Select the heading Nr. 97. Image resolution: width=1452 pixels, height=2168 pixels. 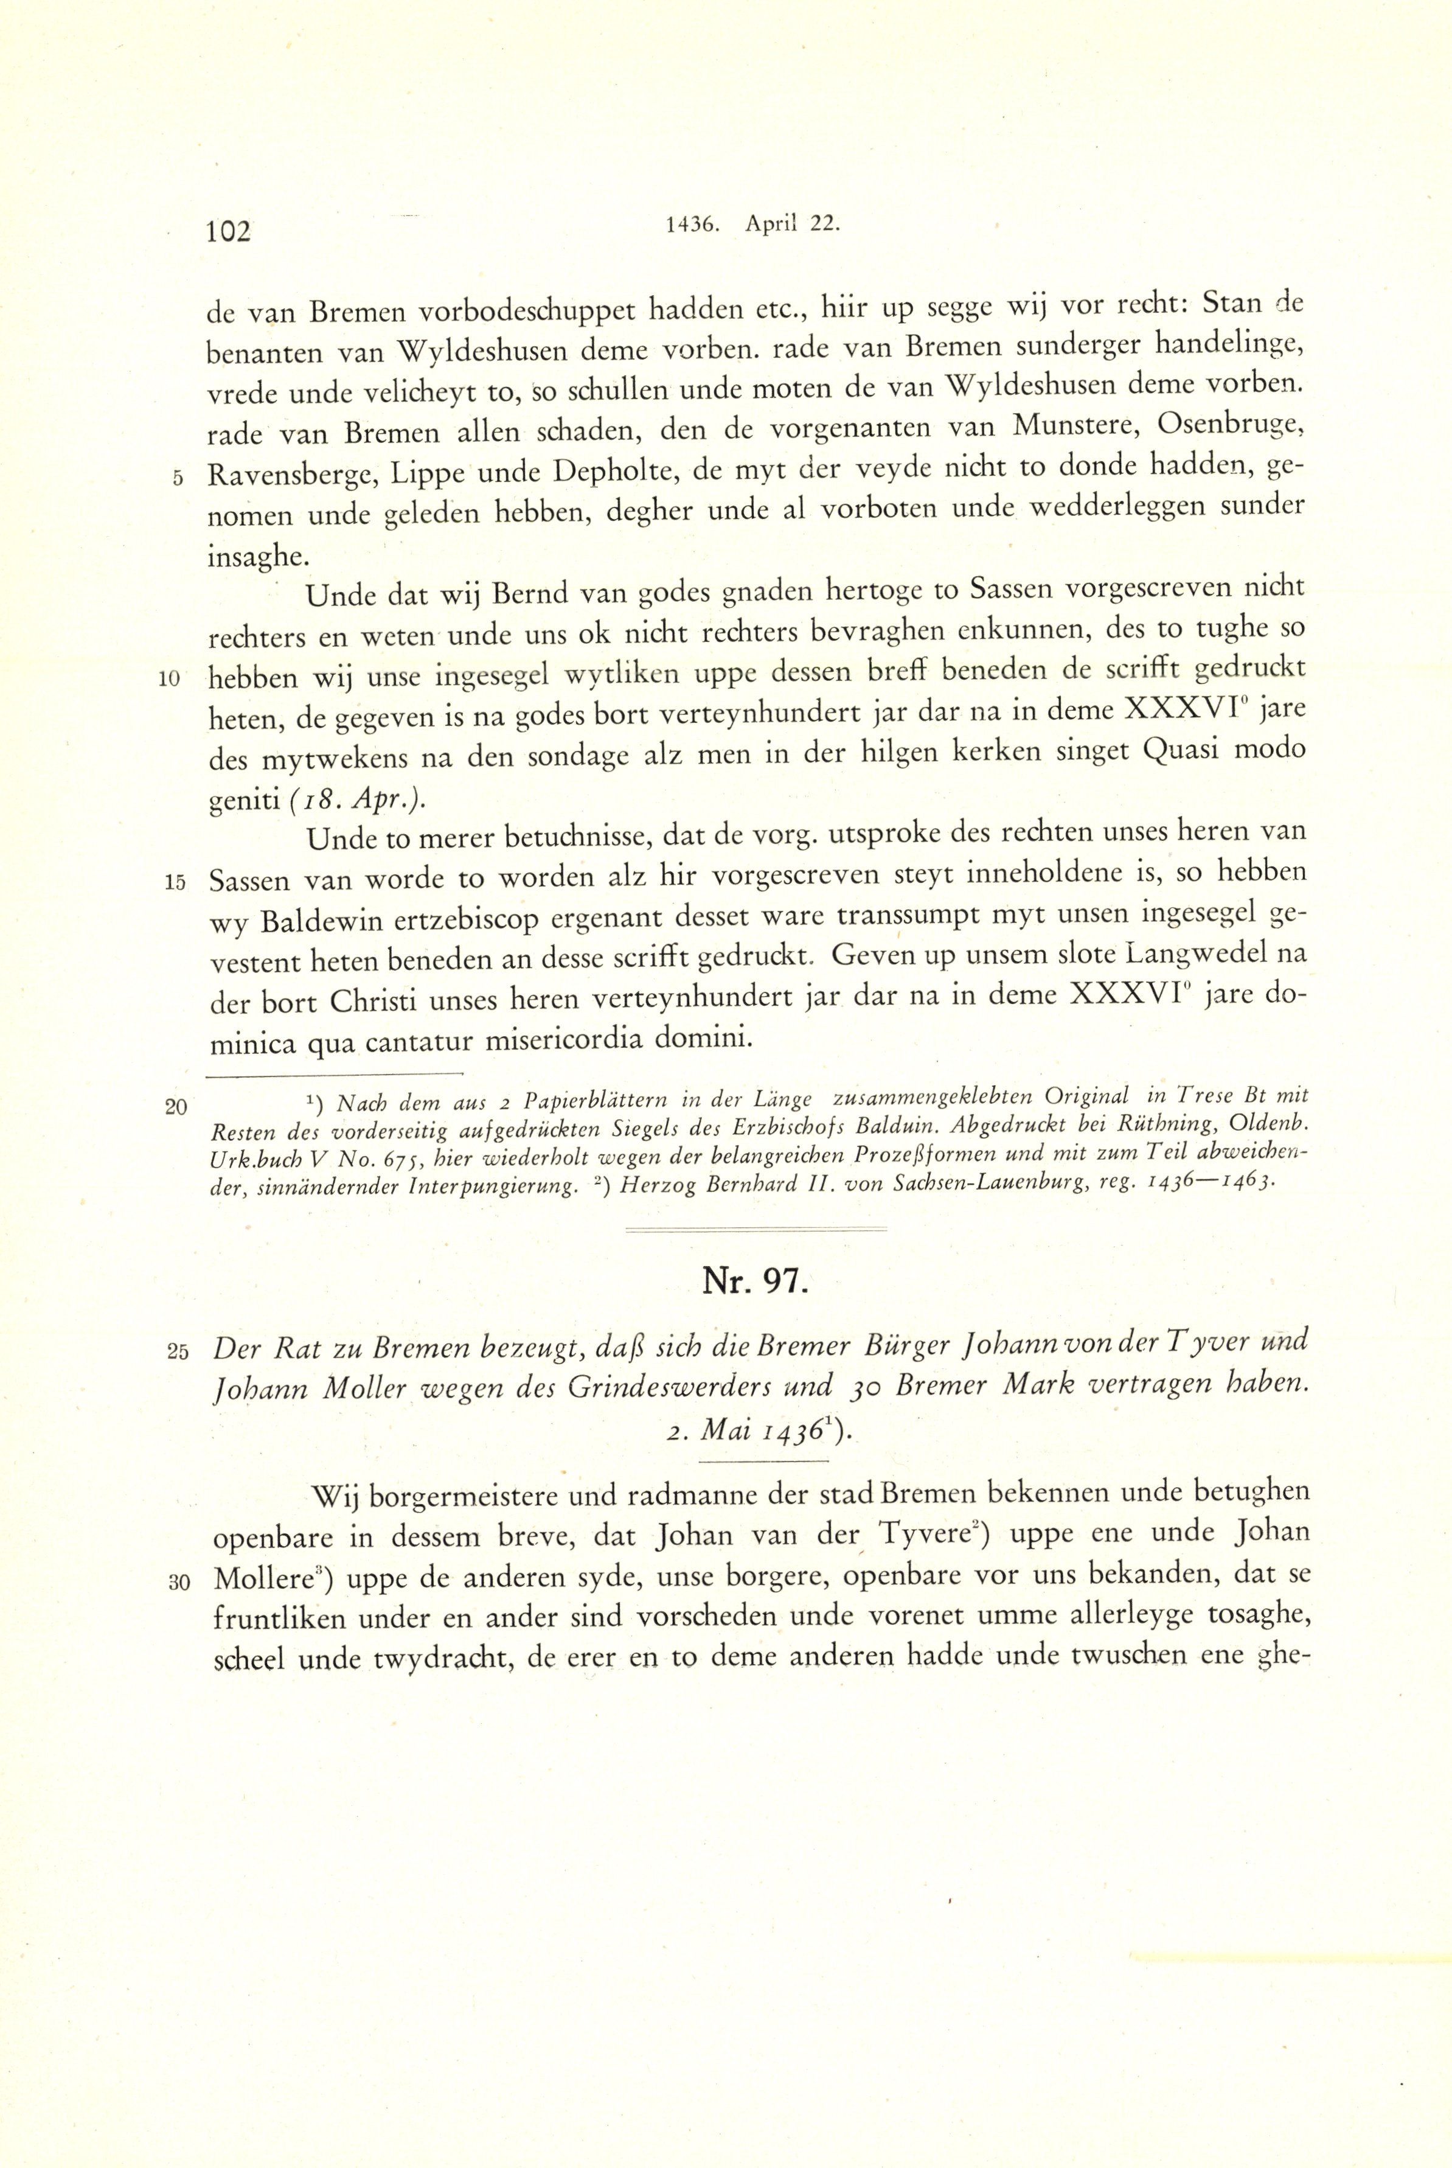pos(755,1281)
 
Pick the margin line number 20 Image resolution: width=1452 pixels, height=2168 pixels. pos(176,1106)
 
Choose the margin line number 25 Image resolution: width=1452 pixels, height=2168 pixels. pos(177,1351)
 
